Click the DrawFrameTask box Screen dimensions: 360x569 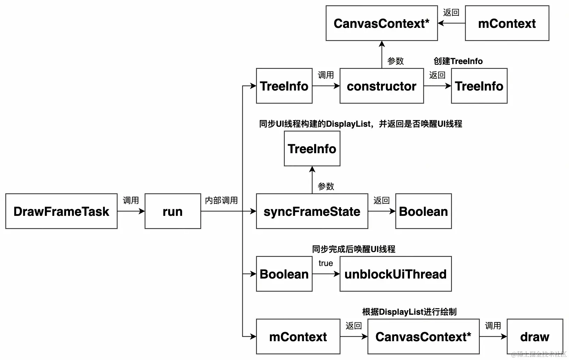[61, 211]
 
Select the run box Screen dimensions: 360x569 [173, 211]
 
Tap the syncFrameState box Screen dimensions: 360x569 [312, 211]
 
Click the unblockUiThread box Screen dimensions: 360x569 [396, 274]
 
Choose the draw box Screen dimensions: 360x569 [535, 337]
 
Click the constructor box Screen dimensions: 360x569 [382, 86]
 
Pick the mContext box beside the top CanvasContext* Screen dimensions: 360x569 [507, 23]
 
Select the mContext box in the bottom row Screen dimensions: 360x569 [298, 337]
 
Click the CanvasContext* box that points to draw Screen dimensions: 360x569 [423, 337]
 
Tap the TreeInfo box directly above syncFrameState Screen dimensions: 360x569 [312, 149]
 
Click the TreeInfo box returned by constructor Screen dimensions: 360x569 [479, 86]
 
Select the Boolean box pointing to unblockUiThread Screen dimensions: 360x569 [284, 274]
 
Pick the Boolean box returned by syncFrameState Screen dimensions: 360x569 [423, 211]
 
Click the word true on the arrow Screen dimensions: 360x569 [326, 264]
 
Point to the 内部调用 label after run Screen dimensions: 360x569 [221, 201]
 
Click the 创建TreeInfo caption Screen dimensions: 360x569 [458, 61]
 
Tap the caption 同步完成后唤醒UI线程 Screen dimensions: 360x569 [353, 249]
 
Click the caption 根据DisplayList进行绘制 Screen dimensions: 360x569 [409, 312]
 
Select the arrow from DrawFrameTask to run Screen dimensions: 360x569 [131, 211]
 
